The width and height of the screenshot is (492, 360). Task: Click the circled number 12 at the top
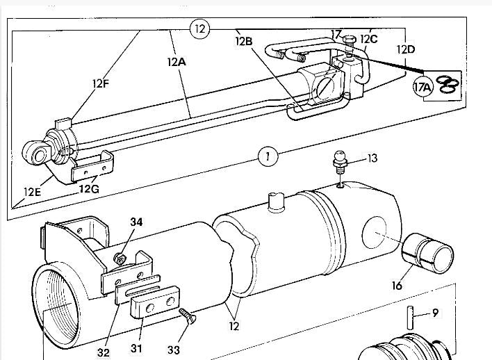click(199, 28)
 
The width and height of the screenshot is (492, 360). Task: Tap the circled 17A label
click(423, 88)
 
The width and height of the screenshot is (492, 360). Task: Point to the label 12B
click(245, 40)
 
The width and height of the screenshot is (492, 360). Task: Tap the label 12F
click(101, 84)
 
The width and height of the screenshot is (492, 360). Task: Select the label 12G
click(89, 188)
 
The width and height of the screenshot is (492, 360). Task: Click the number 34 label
click(137, 222)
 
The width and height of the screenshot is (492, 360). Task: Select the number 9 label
click(435, 313)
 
